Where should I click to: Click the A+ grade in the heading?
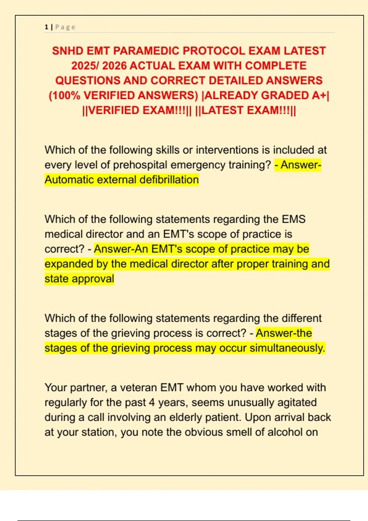[x=319, y=96]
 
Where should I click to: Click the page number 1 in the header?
[x=46, y=27]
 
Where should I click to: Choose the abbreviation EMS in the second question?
[x=293, y=219]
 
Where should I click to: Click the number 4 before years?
[x=152, y=402]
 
